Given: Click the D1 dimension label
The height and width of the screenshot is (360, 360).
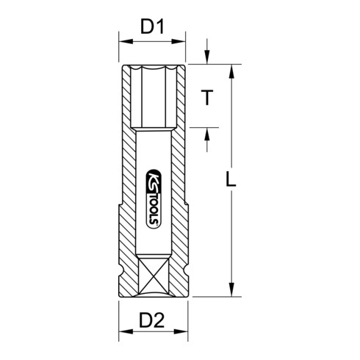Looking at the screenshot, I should pos(151,29).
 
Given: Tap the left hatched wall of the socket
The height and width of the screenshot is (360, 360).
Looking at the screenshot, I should pos(126,184).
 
